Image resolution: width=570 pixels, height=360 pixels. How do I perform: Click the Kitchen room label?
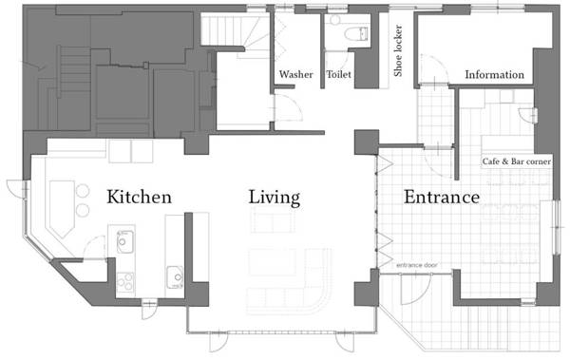pyautogui.click(x=140, y=197)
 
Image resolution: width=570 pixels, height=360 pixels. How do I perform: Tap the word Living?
pyautogui.click(x=275, y=198)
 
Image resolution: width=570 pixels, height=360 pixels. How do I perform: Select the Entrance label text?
pyautogui.click(x=442, y=197)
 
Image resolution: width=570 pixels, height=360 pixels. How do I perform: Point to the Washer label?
pyautogui.click(x=295, y=74)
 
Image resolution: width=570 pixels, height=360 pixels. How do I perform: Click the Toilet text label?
pyautogui.click(x=339, y=74)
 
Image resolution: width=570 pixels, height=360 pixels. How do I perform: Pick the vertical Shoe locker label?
pyautogui.click(x=398, y=50)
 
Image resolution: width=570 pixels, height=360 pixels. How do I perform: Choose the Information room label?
pyautogui.click(x=494, y=74)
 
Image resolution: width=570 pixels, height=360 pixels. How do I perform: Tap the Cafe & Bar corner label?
pyautogui.click(x=517, y=161)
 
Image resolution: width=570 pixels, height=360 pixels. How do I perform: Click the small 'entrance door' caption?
pyautogui.click(x=417, y=265)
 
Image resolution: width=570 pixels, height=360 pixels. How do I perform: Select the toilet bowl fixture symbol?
pyautogui.click(x=356, y=34)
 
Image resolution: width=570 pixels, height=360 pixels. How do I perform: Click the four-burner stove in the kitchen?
pyautogui.click(x=125, y=282)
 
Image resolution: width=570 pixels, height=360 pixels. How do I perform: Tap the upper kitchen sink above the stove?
pyautogui.click(x=125, y=241)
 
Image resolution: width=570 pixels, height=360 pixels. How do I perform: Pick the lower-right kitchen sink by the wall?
pyautogui.click(x=175, y=277)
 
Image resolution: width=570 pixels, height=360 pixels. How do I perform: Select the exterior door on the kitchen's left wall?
pyautogui.click(x=17, y=189)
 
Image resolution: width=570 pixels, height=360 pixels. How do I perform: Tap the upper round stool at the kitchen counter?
pyautogui.click(x=83, y=190)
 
